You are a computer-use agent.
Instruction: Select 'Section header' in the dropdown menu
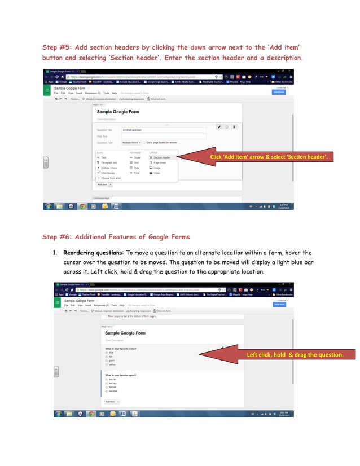coord(161,157)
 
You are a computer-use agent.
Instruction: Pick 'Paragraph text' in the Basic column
coord(109,162)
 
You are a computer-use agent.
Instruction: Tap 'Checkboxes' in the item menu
coord(108,173)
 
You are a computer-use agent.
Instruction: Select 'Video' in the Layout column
coord(156,173)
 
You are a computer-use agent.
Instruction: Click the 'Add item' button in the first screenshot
coord(102,184)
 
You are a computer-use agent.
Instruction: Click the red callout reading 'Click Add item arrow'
coord(269,156)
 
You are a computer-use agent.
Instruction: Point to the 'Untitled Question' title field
coord(164,130)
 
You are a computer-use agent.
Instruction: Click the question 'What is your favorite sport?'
coord(121,375)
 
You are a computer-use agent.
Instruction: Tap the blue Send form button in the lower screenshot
coord(279,304)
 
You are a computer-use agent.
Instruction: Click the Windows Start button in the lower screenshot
coord(58,414)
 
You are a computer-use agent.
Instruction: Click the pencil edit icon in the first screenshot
coord(219,127)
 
